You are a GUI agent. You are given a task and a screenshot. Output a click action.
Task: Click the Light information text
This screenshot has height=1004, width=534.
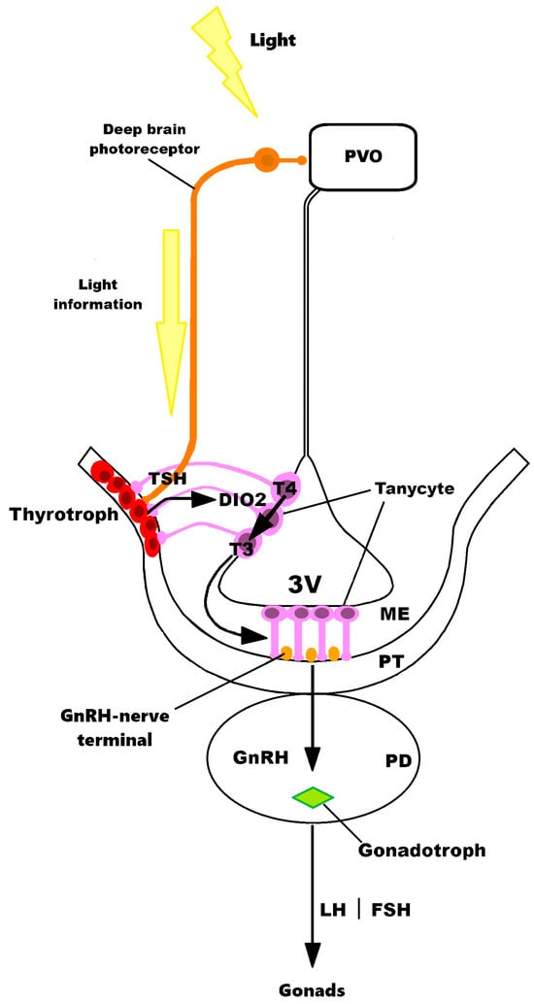click(x=112, y=295)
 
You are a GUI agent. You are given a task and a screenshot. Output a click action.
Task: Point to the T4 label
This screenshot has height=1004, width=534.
click(x=284, y=488)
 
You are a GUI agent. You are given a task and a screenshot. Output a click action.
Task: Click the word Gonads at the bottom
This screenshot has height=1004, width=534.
click(x=313, y=990)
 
